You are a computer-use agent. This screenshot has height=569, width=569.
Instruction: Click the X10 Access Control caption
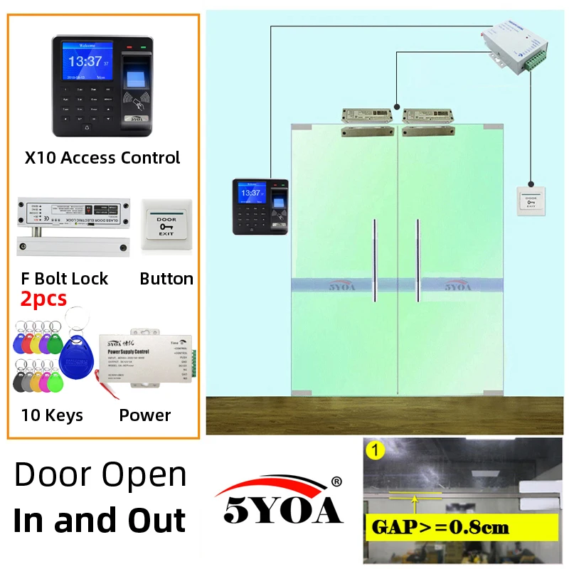(102, 157)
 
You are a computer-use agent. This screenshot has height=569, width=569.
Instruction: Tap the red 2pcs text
(43, 299)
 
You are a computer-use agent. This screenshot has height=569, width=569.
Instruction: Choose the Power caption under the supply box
(145, 415)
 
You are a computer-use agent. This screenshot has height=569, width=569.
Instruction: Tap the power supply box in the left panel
(146, 359)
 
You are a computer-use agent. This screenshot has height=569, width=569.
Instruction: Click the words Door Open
(100, 474)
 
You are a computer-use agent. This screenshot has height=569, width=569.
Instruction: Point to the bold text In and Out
(100, 519)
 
